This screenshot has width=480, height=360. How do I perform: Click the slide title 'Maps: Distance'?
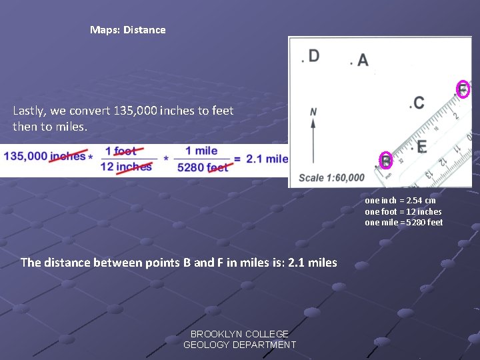[127, 30]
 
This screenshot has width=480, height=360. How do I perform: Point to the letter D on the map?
[313, 56]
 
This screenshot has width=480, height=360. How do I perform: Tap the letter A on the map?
[363, 61]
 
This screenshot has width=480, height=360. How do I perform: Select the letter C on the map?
[419, 103]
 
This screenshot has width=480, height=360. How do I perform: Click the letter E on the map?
[421, 147]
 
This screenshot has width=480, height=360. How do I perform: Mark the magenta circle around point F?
[463, 89]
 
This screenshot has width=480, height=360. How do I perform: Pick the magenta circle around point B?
[386, 161]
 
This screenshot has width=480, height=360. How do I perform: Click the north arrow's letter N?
[313, 112]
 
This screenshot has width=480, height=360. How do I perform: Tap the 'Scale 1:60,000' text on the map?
[331, 177]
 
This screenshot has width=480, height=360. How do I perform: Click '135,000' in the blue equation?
[25, 157]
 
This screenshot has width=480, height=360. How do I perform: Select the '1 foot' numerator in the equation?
[120, 151]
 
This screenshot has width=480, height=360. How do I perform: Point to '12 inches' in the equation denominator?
[125, 167]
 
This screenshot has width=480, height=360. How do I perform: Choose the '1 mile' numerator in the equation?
[201, 151]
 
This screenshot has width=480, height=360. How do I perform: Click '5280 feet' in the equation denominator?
[203, 167]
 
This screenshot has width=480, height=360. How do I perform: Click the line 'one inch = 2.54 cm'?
[400, 200]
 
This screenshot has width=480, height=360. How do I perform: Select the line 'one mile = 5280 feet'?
[403, 223]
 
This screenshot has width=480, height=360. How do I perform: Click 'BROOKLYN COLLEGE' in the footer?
[239, 334]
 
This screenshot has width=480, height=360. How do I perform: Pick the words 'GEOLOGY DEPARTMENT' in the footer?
[239, 345]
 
